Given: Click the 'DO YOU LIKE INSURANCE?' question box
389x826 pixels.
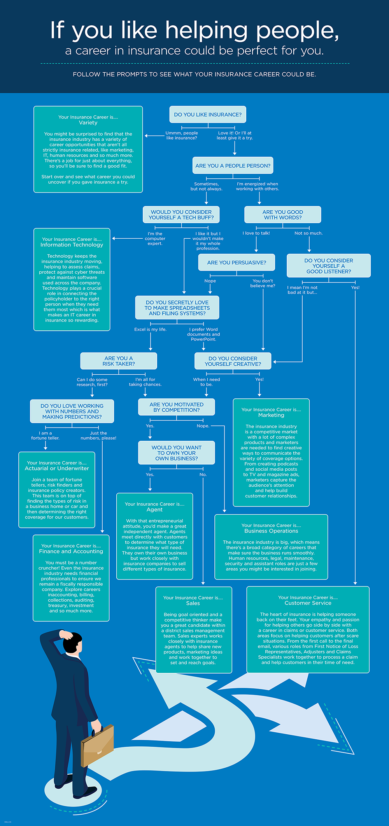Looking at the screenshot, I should (208, 115).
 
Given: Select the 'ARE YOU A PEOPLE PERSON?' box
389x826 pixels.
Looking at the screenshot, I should (233, 166).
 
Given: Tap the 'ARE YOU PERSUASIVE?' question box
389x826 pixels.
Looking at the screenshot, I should (237, 262).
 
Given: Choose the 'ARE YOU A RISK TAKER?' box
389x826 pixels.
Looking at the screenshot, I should (119, 361).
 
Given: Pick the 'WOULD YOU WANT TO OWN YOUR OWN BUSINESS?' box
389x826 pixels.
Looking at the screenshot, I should (177, 453).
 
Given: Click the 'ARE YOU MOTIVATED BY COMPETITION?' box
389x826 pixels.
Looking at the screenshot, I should (177, 407).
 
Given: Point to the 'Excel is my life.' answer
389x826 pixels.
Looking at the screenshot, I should (150, 329).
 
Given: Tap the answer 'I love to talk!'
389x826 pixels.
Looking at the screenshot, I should (256, 233).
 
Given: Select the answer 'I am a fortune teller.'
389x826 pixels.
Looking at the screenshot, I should (45, 435).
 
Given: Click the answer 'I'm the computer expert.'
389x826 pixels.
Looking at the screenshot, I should (155, 238).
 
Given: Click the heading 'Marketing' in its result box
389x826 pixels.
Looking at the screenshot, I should (271, 415).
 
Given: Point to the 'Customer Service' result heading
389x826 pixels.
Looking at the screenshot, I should (308, 603).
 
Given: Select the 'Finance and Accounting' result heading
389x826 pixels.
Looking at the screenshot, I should (71, 551).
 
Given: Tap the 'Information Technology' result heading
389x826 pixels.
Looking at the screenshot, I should (72, 245).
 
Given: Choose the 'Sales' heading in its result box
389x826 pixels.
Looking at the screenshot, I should (193, 603).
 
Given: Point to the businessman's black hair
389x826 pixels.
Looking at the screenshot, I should (72, 641).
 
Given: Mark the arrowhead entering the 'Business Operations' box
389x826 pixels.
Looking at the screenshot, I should (224, 510).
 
